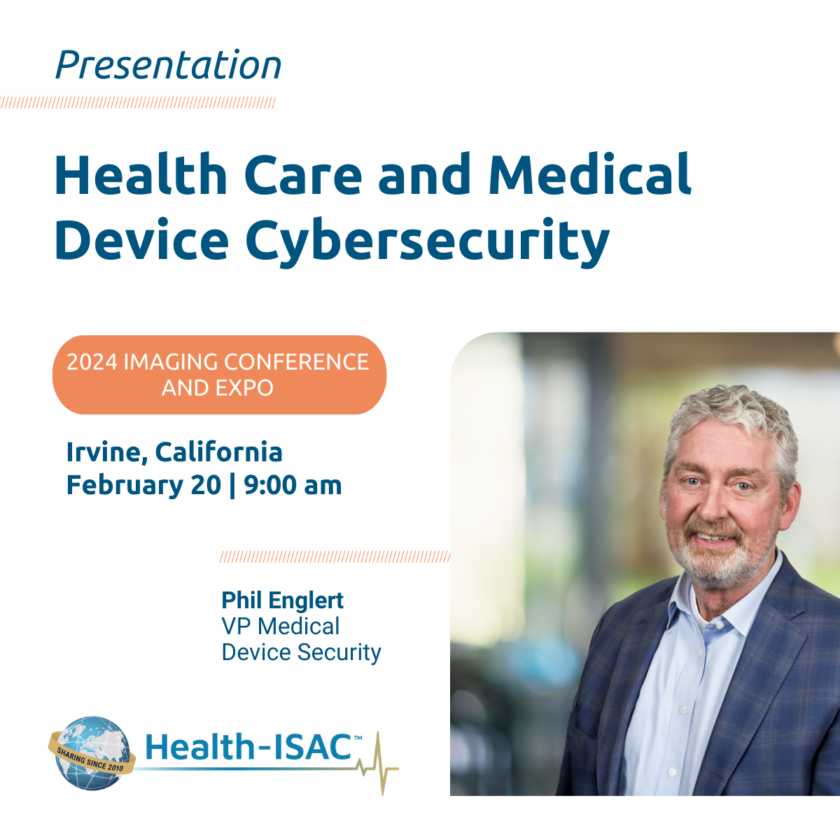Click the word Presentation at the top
[168, 66]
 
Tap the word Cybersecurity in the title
[428, 240]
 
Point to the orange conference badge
[219, 374]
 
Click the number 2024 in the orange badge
[92, 362]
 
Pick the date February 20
[143, 485]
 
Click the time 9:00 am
[293, 485]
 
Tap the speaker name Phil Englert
[282, 601]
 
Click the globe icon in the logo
[91, 752]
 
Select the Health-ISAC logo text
[248, 747]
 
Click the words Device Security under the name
[301, 652]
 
